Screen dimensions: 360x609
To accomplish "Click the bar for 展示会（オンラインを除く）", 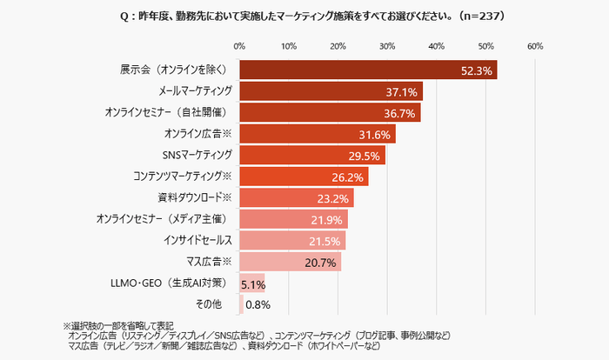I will click(365, 70).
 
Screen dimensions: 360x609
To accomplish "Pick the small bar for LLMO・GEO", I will click(251, 283).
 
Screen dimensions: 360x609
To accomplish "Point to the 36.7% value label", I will click(402, 113).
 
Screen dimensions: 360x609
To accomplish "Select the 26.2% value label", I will click(350, 177).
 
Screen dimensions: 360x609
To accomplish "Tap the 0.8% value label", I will click(259, 304).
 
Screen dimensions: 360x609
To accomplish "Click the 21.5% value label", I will click(326, 241).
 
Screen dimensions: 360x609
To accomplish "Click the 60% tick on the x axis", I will click(535, 45).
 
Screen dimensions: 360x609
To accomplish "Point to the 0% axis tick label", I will click(240, 45).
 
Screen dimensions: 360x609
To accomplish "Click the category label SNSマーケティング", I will click(197, 155).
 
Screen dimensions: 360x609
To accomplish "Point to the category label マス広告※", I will click(207, 262).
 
